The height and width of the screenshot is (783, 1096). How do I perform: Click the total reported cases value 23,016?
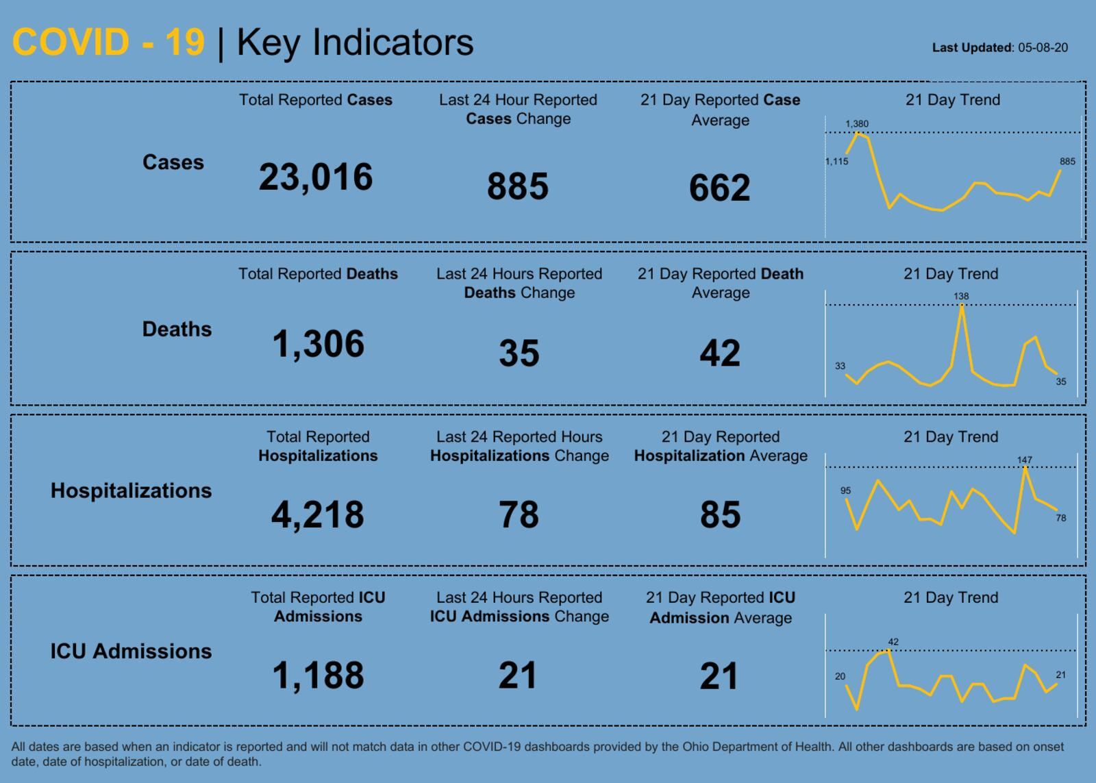click(x=316, y=177)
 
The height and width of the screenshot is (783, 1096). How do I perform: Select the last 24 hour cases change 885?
click(x=518, y=186)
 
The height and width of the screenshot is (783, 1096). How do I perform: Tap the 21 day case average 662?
click(x=720, y=188)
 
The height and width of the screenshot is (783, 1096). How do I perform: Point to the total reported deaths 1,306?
click(x=319, y=344)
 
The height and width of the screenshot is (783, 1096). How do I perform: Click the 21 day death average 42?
click(x=720, y=353)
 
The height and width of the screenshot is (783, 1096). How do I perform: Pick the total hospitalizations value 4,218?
click(x=318, y=514)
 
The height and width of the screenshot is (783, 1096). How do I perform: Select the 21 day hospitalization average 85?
click(x=720, y=514)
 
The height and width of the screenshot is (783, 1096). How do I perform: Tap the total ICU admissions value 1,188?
click(x=318, y=675)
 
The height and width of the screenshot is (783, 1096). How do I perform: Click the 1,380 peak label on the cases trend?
click(x=857, y=124)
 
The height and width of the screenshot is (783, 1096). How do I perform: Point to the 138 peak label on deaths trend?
click(x=961, y=297)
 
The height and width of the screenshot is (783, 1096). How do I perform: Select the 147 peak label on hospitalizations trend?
click(x=1025, y=460)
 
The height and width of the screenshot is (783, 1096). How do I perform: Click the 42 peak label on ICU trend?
click(x=893, y=642)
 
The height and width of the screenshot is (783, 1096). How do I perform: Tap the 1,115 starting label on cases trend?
click(x=837, y=162)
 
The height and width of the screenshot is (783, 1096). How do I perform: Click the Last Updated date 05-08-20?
click(x=1043, y=48)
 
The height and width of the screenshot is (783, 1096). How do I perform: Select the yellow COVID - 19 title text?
click(x=108, y=42)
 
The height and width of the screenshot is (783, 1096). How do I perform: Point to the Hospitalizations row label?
click(x=131, y=490)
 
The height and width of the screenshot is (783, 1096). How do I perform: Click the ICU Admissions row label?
click(x=131, y=651)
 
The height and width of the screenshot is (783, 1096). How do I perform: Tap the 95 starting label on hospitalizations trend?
click(x=846, y=490)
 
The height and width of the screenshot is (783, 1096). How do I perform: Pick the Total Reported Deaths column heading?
click(x=318, y=274)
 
